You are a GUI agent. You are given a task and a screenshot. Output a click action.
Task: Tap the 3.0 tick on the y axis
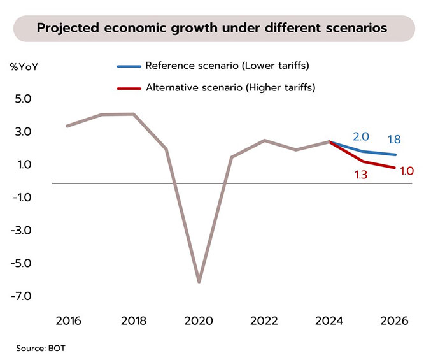(23, 133)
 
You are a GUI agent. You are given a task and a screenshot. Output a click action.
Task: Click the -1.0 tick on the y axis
(22, 198)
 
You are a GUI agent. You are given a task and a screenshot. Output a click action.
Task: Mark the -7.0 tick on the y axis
(22, 296)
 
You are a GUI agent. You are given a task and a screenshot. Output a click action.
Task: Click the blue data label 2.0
(361, 137)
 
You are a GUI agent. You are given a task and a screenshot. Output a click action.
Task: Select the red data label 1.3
(361, 175)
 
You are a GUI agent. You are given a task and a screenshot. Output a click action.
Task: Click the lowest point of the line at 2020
(199, 281)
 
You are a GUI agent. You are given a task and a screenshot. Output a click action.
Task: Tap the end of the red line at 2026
(395, 168)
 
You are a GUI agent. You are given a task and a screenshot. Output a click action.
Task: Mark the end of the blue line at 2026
(395, 155)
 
